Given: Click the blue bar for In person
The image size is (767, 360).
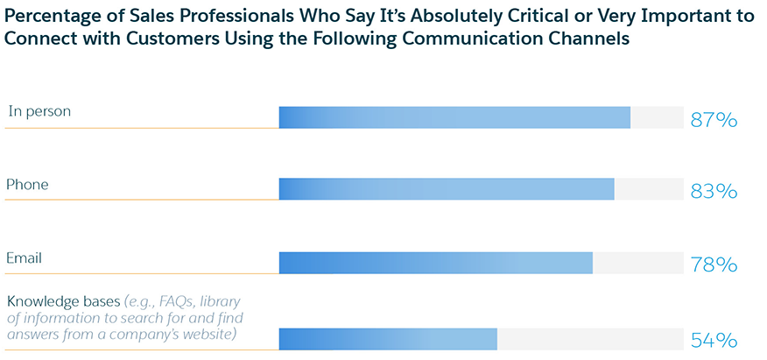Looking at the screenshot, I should click(454, 117).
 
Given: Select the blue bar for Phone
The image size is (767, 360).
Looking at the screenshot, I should click(447, 189).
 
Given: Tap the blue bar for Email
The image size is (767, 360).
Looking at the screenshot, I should click(435, 263).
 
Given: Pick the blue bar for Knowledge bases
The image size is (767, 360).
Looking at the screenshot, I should click(388, 338).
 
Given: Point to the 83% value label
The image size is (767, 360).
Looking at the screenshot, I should click(714, 192).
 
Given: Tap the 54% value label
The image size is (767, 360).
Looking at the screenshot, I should click(714, 341).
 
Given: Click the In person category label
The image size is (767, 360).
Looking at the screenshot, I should click(39, 111).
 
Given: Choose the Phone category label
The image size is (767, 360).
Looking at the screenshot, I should click(27, 185).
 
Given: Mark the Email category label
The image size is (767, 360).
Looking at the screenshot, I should click(25, 258).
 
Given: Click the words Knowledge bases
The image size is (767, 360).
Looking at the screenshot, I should click(62, 299).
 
